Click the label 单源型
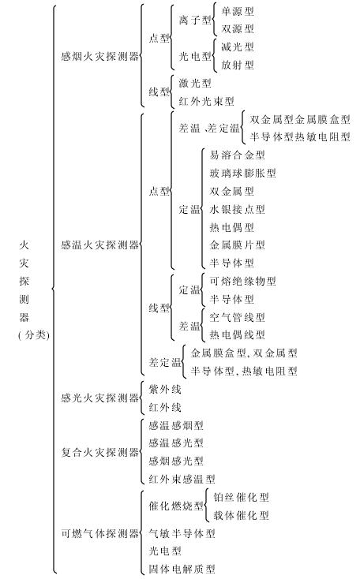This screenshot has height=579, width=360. [238, 11]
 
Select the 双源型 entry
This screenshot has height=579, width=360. [238, 29]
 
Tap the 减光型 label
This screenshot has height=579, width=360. [238, 47]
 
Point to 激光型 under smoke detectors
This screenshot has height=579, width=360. [195, 83]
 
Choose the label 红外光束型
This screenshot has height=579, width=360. [206, 101]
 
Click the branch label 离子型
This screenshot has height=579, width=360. [195, 20]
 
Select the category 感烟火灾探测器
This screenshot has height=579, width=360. [99, 57]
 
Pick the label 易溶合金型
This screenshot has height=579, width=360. [238, 155]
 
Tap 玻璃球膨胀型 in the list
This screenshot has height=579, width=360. [243, 173]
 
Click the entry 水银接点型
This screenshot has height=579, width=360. [238, 209]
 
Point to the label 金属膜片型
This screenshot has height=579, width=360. [238, 245]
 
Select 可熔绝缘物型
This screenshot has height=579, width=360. [243, 281]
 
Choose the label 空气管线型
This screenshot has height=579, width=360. [238, 317]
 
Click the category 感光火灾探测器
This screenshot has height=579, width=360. [99, 398]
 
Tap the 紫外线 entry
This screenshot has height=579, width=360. [165, 389]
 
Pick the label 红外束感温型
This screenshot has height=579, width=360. [182, 479]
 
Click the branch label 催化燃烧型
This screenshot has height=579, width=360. [176, 506]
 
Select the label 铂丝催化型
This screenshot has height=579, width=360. [241, 497]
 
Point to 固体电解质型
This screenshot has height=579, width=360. [182, 569]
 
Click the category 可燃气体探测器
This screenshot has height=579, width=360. [99, 533]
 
